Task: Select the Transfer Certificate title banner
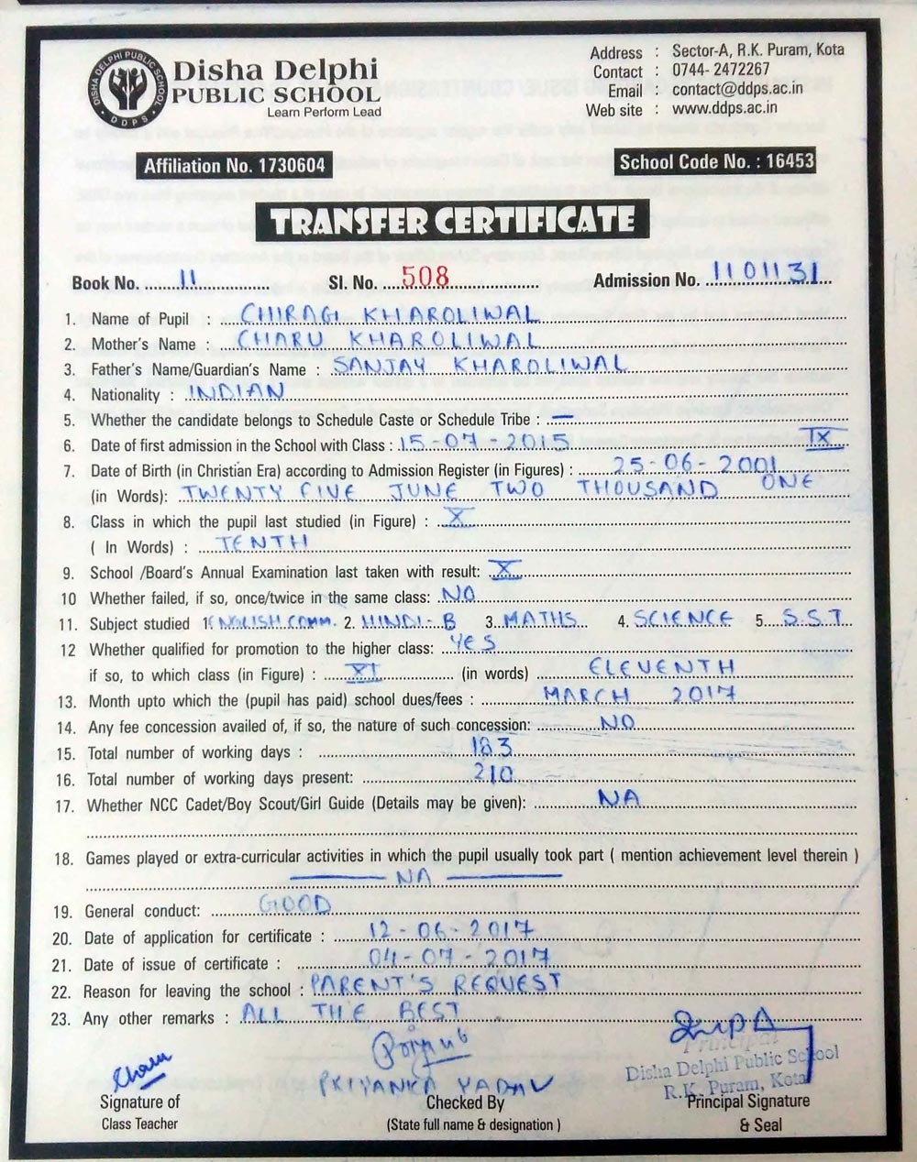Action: (453, 221)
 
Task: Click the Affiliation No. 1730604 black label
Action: (234, 166)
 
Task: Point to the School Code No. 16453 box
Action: (716, 162)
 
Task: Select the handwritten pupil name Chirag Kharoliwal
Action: (387, 314)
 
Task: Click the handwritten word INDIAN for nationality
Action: (236, 391)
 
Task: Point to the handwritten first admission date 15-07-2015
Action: (484, 442)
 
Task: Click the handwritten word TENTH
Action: (262, 542)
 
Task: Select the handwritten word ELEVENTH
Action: (661, 666)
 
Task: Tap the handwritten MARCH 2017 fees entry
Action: (639, 694)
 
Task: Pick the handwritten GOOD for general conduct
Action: (294, 904)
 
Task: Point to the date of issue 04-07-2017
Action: (458, 958)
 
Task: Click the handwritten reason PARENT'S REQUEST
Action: (435, 984)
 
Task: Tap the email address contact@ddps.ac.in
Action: (737, 89)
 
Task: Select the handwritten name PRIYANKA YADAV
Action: (436, 1084)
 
